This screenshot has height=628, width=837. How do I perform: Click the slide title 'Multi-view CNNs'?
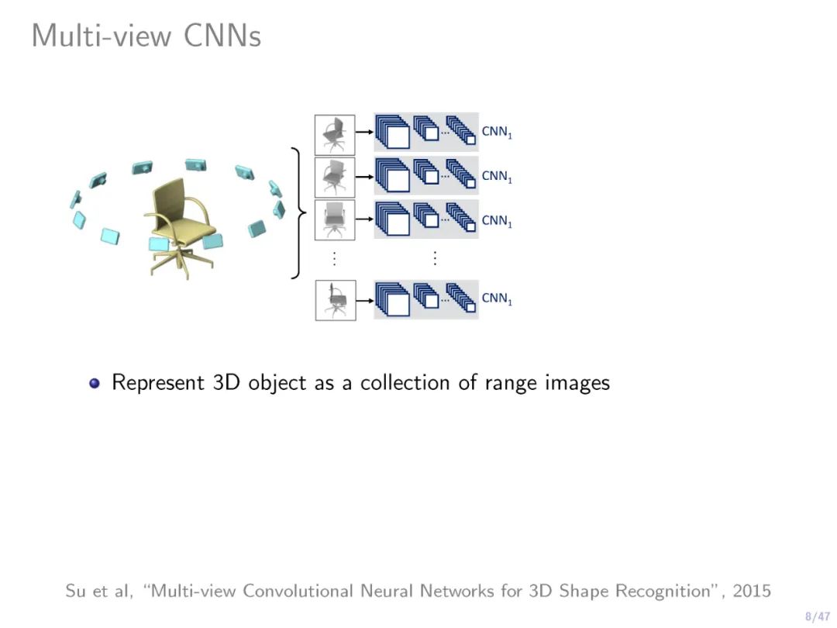[146, 36]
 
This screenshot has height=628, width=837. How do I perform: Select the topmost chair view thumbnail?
[335, 133]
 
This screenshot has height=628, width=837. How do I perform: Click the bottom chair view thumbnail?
[335, 300]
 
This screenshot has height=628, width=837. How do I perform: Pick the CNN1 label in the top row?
[497, 133]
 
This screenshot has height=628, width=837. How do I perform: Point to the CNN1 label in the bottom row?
[497, 299]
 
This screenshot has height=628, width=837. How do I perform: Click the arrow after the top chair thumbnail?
[364, 133]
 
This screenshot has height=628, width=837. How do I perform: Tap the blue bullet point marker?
[95, 383]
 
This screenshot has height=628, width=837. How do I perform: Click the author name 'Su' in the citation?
[75, 591]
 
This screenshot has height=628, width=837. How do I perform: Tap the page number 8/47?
[818, 616]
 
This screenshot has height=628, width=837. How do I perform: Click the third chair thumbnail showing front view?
[335, 219]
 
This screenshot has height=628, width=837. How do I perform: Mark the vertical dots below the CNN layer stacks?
[435, 257]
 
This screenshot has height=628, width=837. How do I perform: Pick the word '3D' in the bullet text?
[227, 383]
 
